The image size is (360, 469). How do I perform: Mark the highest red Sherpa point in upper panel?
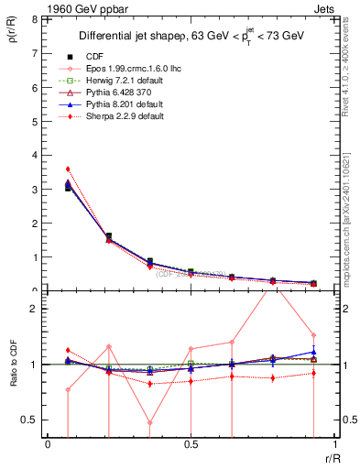pos(68,169)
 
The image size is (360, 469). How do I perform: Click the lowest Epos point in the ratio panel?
pos(149,422)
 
